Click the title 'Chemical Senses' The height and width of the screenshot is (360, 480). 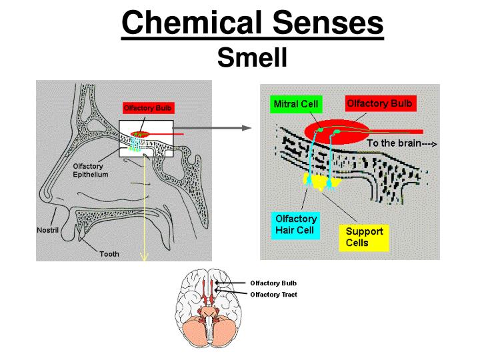(x=253, y=24)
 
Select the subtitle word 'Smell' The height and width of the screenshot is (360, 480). (x=252, y=58)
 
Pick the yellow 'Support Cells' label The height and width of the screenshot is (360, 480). (x=364, y=237)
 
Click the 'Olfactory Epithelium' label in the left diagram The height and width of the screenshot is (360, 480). (x=91, y=170)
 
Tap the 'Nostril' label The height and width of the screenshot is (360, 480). (x=48, y=230)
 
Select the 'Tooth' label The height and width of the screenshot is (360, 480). (x=109, y=254)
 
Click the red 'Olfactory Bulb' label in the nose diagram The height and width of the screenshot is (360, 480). (x=150, y=107)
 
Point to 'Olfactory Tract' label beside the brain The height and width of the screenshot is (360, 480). (x=273, y=294)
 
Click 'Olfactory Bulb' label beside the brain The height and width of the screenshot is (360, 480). (x=273, y=283)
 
